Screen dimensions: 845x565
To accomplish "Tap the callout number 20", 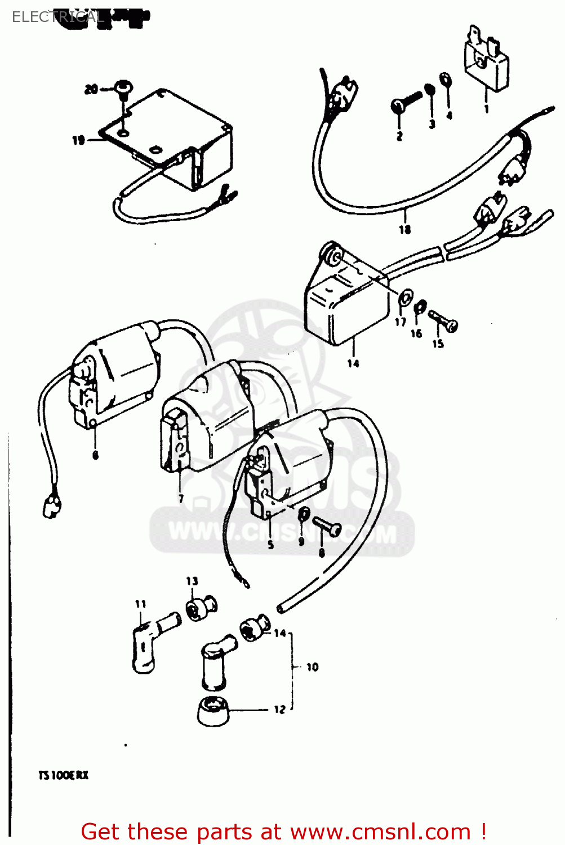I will pos(91,89).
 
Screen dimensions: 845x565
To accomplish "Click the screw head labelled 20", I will pos(122,87).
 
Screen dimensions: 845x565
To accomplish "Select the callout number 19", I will pos(78,140).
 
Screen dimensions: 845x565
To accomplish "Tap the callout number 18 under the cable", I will pos(405,229).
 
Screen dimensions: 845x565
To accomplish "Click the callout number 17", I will pos(401,322).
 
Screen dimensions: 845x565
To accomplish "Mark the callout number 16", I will pos(416,333).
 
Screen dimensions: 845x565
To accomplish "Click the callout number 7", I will pos(181,499).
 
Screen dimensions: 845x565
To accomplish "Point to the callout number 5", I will pos(271,545).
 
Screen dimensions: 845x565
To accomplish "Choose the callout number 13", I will pos(192,581).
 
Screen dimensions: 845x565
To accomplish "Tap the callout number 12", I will pos(280,710).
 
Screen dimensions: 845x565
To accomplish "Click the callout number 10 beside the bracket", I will pos(313,667).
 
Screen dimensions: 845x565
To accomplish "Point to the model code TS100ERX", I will pos(63,776).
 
